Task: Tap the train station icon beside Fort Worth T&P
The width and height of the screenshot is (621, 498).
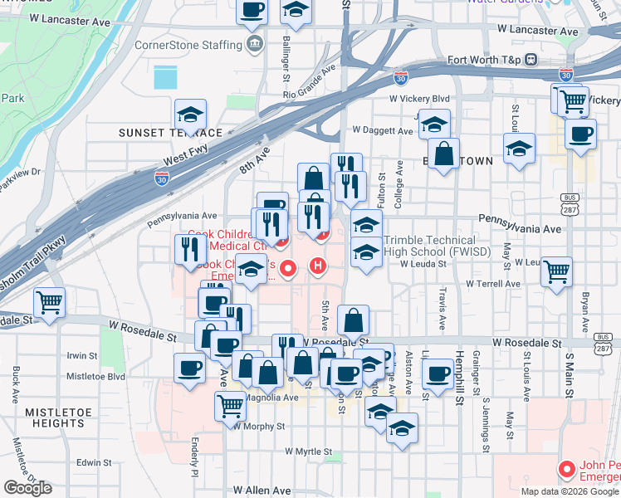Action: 531,60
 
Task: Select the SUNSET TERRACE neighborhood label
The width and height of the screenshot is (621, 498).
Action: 170,133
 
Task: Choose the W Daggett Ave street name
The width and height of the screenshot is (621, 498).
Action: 383,130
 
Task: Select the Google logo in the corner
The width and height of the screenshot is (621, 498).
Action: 27,488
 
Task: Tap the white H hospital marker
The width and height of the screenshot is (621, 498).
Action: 317,266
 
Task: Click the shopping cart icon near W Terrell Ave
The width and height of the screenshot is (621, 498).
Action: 555,271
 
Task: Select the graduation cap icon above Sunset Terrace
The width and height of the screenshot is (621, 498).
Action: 190,115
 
